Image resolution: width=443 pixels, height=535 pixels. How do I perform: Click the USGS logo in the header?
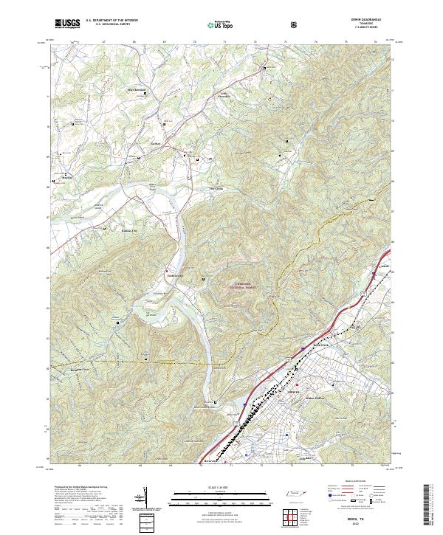(67, 23)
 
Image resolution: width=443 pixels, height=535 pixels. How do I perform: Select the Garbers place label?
(156, 143)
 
